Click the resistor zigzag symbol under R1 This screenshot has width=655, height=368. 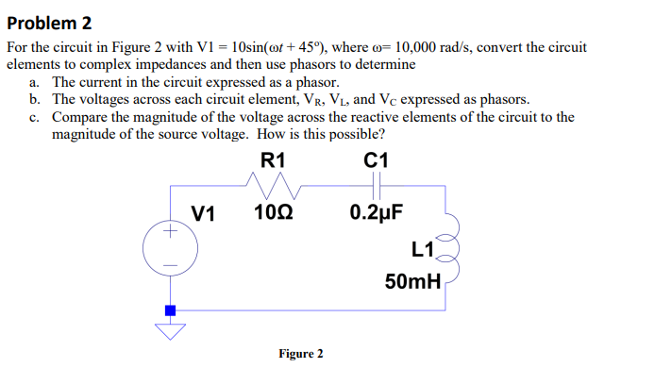(x=273, y=185)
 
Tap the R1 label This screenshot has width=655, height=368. (x=273, y=160)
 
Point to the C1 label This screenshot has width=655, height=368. (x=376, y=160)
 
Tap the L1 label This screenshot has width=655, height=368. (x=422, y=250)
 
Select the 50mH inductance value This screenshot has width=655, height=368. (x=412, y=280)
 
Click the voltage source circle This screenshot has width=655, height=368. (x=170, y=248)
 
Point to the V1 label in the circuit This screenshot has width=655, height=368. (x=204, y=212)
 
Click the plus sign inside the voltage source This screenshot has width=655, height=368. (x=170, y=230)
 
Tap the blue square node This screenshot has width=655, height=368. (x=170, y=309)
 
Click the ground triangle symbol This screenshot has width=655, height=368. (x=170, y=328)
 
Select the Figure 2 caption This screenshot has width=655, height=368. (x=301, y=354)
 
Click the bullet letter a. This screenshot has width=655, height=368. (x=34, y=83)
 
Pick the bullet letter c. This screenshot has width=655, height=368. (x=34, y=117)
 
